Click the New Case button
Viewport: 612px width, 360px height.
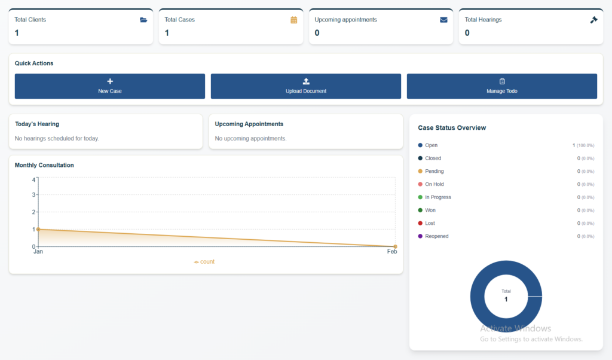click(x=110, y=86)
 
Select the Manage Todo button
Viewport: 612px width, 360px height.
click(x=501, y=86)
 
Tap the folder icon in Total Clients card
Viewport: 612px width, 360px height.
click(x=143, y=20)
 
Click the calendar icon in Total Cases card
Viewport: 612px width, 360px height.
click(x=294, y=20)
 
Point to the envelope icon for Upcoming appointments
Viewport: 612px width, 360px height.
click(x=443, y=20)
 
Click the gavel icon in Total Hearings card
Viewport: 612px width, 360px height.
click(x=593, y=20)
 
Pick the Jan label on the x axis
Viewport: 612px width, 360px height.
click(x=38, y=252)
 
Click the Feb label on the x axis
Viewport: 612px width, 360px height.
click(x=392, y=252)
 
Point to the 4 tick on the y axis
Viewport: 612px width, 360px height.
click(x=34, y=180)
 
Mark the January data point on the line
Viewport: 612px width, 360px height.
click(x=38, y=229)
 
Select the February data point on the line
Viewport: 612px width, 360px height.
click(x=396, y=247)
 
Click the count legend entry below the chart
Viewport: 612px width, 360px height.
click(x=204, y=261)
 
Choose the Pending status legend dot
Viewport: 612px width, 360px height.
click(x=420, y=171)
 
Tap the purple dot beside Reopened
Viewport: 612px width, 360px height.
click(x=420, y=236)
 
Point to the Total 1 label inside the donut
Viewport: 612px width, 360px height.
click(x=506, y=297)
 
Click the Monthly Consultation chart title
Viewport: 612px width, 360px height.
click(x=44, y=165)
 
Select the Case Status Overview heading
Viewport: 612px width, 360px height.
click(x=452, y=128)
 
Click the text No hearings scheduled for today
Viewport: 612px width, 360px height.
click(x=57, y=138)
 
